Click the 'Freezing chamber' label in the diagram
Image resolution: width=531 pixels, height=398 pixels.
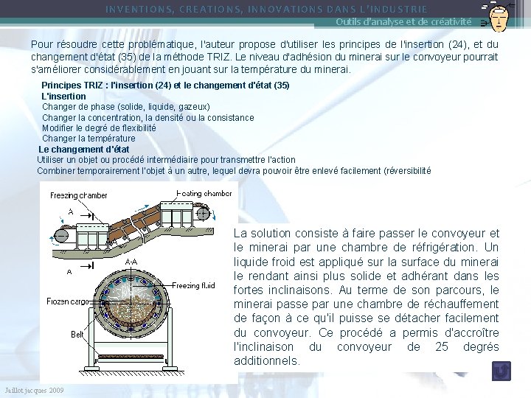coord(79,195)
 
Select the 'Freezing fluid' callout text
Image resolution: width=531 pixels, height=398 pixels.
coord(195,285)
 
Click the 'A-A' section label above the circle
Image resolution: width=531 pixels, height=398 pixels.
coord(131,261)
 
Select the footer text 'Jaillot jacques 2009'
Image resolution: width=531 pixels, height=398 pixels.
coord(33,390)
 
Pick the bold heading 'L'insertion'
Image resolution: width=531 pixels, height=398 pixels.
coord(63,97)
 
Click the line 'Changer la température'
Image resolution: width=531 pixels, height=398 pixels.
coord(88,139)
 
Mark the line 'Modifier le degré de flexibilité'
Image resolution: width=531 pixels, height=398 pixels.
coord(99,128)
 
